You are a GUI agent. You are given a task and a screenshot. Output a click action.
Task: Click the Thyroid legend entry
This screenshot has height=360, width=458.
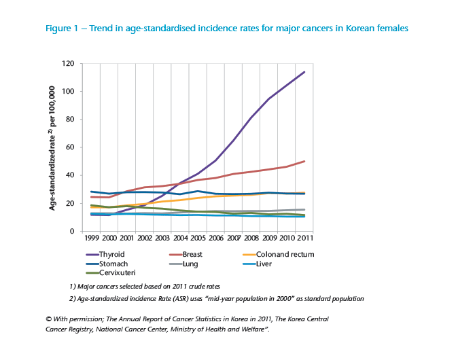pos(111,255)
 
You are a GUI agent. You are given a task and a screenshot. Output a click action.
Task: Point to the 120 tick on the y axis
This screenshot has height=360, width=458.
pos(68,64)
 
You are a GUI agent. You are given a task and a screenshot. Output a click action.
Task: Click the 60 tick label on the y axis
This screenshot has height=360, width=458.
pos(70,147)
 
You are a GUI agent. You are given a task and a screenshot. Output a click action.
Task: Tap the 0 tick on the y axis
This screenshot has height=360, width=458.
pos(72,232)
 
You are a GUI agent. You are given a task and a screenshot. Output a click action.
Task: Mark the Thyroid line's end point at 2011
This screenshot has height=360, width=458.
pos(304,72)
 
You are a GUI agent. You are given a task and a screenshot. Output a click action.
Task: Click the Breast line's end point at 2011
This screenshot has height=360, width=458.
pos(304,162)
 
